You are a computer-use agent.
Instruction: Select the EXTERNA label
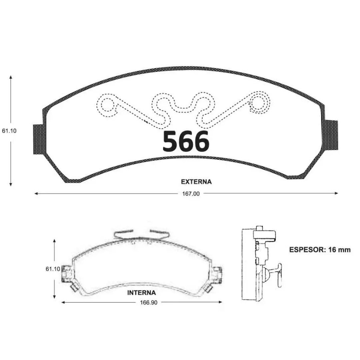click(x=196, y=182)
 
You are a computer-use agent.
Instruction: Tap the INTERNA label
click(x=141, y=293)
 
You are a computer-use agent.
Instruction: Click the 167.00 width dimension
click(x=191, y=194)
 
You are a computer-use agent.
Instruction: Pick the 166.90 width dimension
click(x=149, y=303)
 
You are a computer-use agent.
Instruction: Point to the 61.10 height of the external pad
click(x=9, y=131)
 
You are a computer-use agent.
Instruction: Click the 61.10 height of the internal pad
click(x=53, y=269)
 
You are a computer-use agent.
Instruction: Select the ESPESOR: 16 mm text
click(x=320, y=250)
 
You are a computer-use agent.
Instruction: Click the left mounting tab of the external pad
click(x=39, y=139)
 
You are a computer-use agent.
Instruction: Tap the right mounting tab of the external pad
click(x=331, y=135)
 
